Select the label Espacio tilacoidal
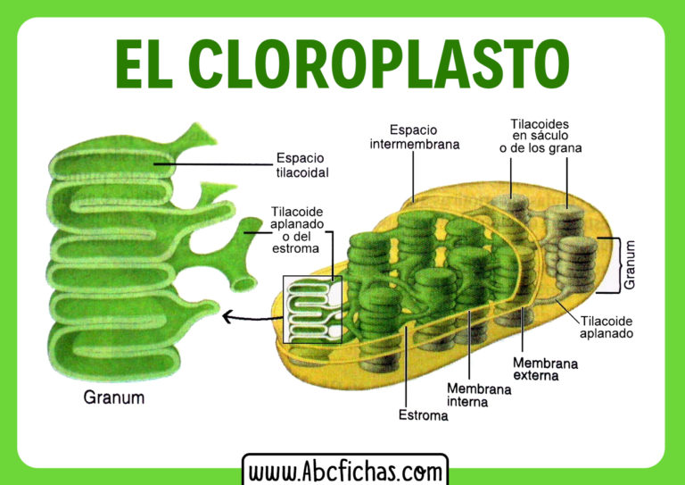301,165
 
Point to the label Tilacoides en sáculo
540,135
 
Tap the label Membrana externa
546,370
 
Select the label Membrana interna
479,396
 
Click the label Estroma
423,416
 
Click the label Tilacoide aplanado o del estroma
297,230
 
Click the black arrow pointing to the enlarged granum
250,315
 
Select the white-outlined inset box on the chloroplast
312,309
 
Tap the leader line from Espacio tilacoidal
214,163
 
